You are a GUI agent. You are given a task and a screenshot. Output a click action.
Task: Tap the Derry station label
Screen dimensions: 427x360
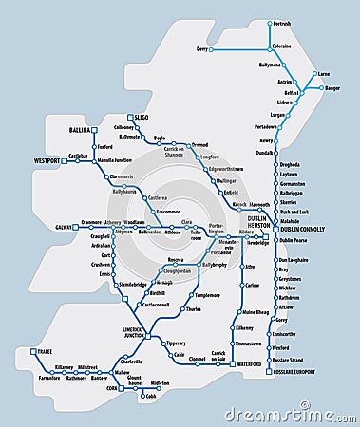(x=201, y=48)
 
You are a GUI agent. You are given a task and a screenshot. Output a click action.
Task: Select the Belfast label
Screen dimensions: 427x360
(x=292, y=94)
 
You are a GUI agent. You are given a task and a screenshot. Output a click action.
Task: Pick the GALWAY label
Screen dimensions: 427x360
(x=64, y=228)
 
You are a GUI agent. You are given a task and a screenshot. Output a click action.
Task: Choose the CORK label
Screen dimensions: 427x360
(x=112, y=388)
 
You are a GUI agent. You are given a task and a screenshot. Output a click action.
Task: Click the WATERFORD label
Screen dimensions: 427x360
(x=250, y=364)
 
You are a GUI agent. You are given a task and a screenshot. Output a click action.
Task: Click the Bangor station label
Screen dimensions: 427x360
(x=332, y=88)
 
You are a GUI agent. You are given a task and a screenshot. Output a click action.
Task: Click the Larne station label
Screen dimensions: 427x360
(x=324, y=73)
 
